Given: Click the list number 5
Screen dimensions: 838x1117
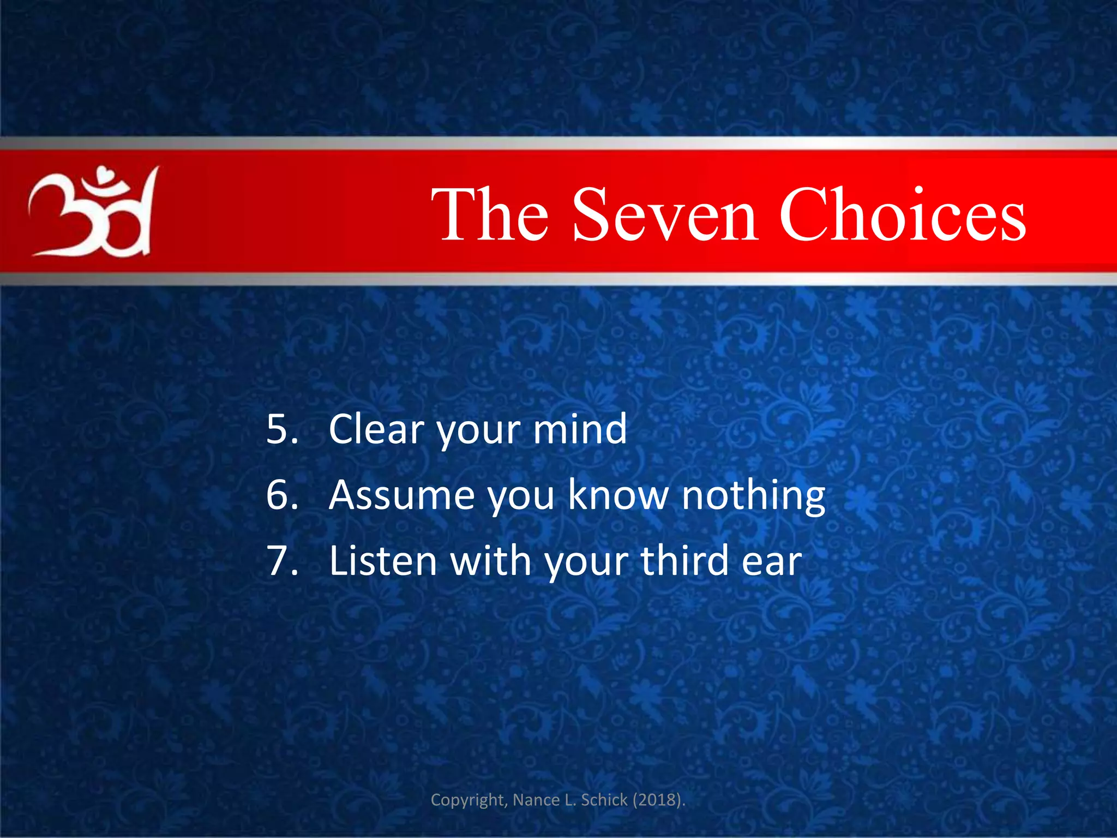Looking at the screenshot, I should [282, 429].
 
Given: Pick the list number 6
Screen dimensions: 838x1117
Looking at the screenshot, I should [282, 495].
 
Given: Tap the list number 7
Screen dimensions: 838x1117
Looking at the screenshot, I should [282, 561].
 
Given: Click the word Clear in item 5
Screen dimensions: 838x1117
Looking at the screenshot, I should [376, 429].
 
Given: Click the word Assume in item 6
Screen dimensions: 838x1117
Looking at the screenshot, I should [402, 495].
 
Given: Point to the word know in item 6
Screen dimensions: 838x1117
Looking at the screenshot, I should [618, 495].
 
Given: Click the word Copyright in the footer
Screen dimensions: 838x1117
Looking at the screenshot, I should [469, 800].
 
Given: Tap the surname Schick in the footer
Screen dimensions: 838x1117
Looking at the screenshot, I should [604, 800].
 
